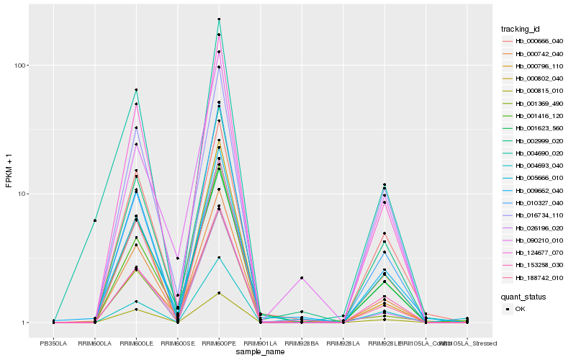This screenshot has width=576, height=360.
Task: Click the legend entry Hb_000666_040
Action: click(534, 42)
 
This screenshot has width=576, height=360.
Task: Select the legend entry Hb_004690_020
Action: click(534, 153)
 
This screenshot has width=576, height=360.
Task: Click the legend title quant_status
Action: click(523, 296)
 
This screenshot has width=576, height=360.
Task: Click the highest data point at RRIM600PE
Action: click(218, 19)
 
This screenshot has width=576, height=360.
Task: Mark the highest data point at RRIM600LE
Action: click(136, 90)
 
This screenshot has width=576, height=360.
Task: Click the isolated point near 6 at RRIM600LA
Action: click(94, 220)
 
